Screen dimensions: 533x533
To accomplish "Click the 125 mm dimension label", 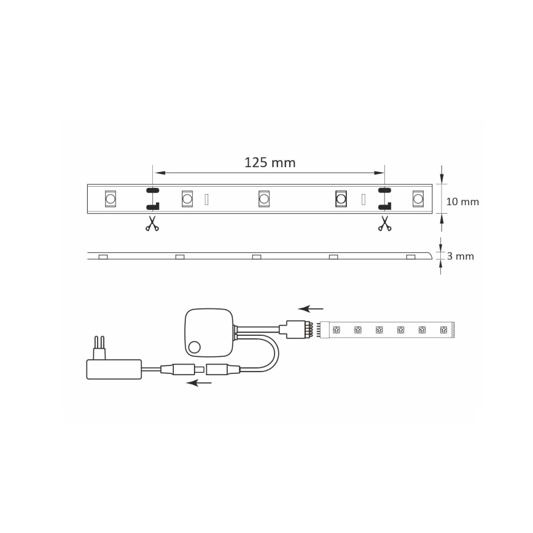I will point(270,162).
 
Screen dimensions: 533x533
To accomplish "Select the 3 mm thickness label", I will point(461,257).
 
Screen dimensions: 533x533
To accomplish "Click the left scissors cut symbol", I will point(152,225).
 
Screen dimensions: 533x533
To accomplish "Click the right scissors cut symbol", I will point(384,225).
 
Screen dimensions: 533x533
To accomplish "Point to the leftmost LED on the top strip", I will point(111,198).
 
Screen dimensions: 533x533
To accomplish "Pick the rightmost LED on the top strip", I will point(418,198).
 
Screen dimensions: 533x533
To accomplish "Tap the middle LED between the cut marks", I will point(264,198).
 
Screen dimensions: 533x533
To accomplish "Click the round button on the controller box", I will point(195,347).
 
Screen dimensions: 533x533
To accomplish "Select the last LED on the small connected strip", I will point(443,330).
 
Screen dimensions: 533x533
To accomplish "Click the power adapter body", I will point(114,369).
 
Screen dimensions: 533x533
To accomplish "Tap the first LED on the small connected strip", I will point(337,330).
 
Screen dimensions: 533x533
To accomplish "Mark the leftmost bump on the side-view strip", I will point(103,256).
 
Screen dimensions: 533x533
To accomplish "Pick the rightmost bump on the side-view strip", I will point(410,256).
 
